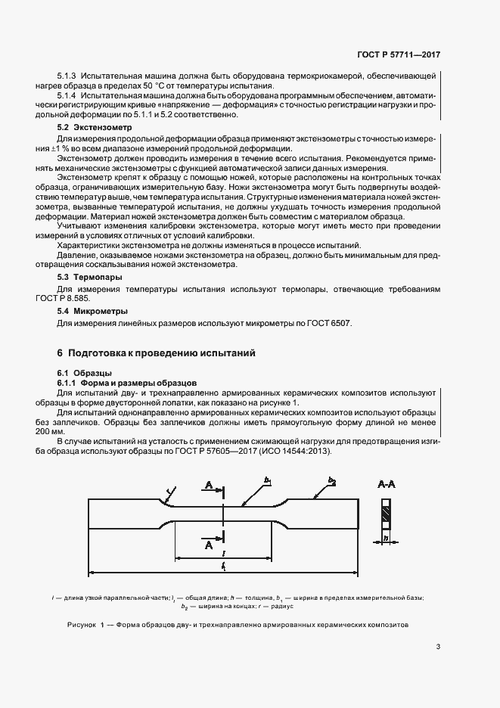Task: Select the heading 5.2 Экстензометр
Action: pyautogui.click(x=89, y=128)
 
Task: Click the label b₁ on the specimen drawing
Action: pyautogui.click(x=268, y=480)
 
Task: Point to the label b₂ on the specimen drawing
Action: pyautogui.click(x=331, y=480)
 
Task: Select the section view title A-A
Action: pyautogui.click(x=385, y=486)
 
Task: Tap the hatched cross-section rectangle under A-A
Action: pyautogui.click(x=385, y=516)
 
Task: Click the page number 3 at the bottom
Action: pyautogui.click(x=438, y=646)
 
